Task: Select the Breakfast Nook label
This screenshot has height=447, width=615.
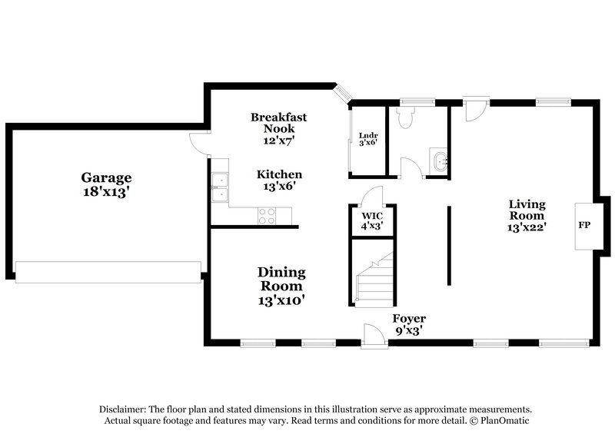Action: click(278, 123)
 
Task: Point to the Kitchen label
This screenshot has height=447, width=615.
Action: click(278, 174)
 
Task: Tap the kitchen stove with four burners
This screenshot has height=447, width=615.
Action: click(267, 218)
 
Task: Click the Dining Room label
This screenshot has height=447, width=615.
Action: click(281, 279)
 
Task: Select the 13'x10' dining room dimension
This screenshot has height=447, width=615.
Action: click(281, 300)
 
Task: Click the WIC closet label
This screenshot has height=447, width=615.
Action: click(372, 217)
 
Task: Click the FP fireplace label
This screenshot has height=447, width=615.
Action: click(584, 227)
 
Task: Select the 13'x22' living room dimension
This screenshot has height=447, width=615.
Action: click(527, 227)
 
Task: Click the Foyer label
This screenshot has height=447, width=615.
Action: click(409, 318)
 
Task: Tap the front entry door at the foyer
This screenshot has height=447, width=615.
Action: click(374, 334)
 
